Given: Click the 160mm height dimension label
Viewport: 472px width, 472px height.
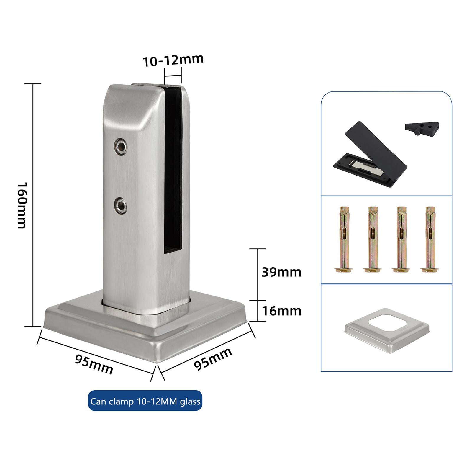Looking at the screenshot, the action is click(22, 205).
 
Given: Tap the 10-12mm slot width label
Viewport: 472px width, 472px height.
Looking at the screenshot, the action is click(173, 60).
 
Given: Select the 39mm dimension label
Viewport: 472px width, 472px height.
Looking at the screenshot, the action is click(281, 272).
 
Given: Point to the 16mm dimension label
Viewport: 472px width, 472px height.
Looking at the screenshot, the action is click(282, 311).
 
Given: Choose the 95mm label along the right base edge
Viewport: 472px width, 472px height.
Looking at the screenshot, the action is click(213, 359).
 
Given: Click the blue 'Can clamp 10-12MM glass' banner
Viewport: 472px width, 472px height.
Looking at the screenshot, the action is click(145, 401).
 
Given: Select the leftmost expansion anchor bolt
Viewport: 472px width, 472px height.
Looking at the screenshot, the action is click(344, 239).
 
